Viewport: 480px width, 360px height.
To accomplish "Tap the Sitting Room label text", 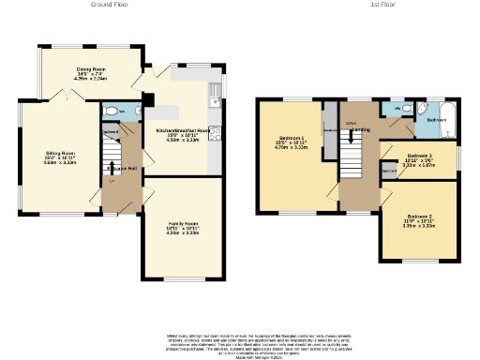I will [x=62, y=157].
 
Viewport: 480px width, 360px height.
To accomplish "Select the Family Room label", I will [x=183, y=225].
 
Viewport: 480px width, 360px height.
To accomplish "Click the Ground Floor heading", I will [x=110, y=5].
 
